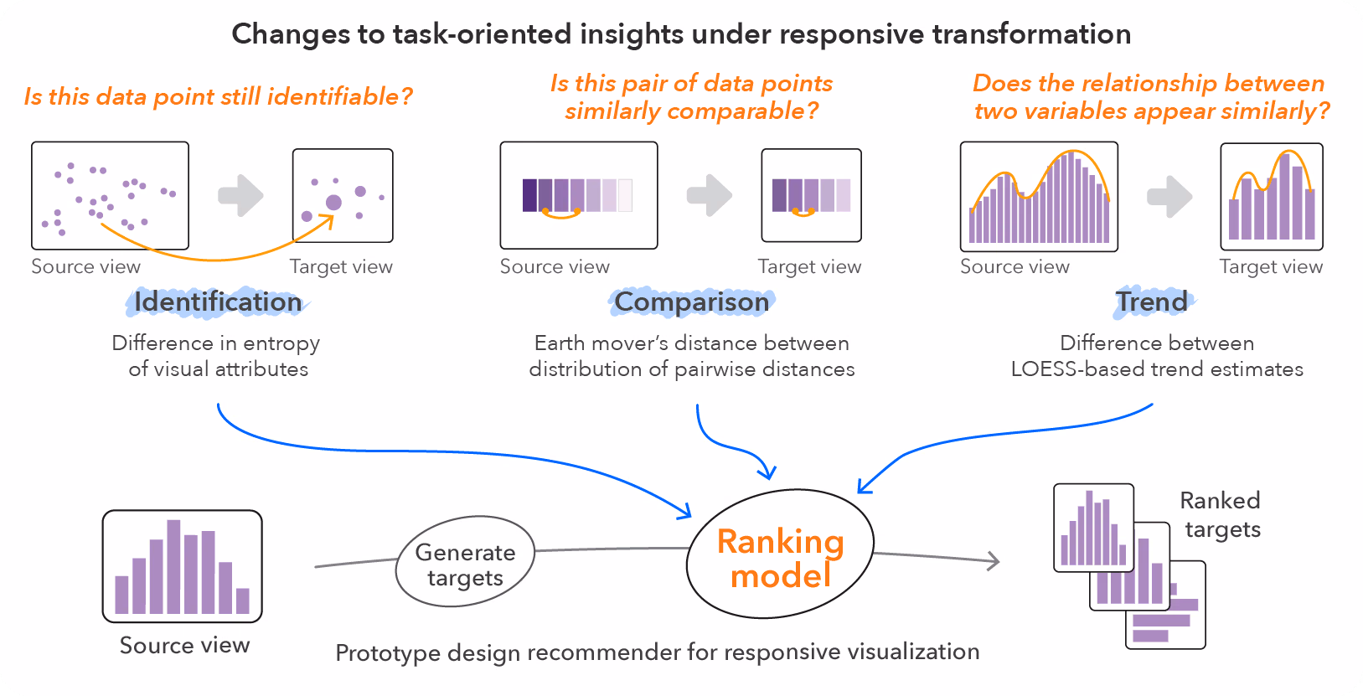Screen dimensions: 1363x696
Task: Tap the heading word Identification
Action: point(218,302)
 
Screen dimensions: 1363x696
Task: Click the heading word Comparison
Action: point(691,302)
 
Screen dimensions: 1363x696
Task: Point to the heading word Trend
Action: point(1151,302)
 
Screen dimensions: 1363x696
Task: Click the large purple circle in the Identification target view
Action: point(333,203)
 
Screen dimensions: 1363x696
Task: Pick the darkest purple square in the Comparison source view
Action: point(529,195)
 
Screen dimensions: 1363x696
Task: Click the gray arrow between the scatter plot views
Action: point(241,195)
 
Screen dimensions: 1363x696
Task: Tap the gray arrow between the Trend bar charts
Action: point(1169,197)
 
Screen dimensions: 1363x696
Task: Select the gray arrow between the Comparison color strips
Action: point(710,195)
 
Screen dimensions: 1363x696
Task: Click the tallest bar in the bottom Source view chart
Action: point(173,566)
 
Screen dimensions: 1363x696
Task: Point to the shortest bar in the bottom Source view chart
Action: point(243,601)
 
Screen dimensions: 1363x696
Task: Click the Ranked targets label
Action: point(1221,515)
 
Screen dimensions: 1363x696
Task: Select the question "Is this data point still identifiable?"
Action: point(219,96)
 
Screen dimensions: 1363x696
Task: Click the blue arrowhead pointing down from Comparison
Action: point(768,472)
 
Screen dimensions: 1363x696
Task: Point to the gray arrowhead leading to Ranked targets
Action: point(994,561)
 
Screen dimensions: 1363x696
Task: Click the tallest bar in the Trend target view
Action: point(1284,197)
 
